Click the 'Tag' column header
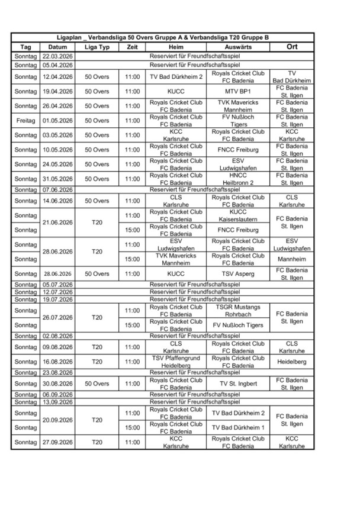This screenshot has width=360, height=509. pyautogui.click(x=25, y=47)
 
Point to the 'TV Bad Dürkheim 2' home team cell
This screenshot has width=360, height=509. pyautogui.click(x=176, y=77)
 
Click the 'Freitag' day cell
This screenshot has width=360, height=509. pyautogui.click(x=25, y=121)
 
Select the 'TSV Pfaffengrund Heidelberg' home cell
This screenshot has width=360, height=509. pyautogui.click(x=176, y=362)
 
